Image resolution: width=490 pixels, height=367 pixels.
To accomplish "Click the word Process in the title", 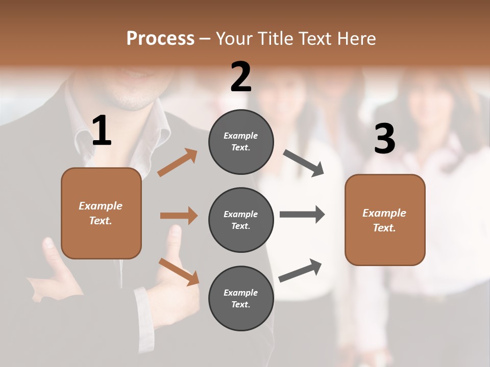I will pos(160,39).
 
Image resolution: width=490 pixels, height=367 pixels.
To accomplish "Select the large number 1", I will pos(102,131).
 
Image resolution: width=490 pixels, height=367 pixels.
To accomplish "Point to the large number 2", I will pos(241,77).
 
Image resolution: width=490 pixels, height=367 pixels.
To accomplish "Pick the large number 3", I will pos(384,139).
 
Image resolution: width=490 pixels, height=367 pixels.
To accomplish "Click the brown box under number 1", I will pos(101,213).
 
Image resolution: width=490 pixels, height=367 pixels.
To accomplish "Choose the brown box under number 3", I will pos(385,220).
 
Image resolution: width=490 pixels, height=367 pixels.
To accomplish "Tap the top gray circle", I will pos(241,142).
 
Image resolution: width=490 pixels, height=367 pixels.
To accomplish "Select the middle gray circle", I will pos(241,220).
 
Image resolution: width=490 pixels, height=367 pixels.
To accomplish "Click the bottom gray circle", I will pos(241,298).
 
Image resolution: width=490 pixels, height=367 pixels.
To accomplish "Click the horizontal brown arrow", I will pos(179,216).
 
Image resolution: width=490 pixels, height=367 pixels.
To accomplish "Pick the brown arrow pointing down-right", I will pos(179,272).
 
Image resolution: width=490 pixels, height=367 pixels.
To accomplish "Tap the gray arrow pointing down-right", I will pos(304,163).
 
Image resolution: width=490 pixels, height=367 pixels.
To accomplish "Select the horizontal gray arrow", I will pos(302,214).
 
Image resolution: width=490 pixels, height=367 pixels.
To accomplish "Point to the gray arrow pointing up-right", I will pos(300,271).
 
